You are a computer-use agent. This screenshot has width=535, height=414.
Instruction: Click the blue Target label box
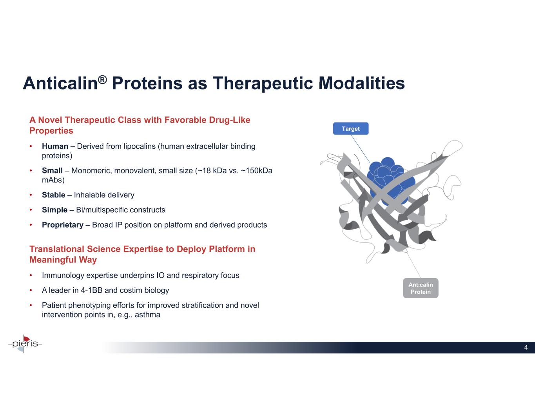tap(351, 129)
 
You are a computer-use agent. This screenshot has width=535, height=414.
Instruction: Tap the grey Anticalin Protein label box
tap(421, 288)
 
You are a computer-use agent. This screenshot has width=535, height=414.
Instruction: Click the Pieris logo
tap(25, 344)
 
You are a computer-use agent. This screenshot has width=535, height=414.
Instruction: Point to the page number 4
tap(526, 347)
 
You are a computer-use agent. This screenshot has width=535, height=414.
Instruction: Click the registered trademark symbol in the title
tap(102, 79)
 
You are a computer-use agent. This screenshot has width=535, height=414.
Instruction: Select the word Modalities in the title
tap(362, 83)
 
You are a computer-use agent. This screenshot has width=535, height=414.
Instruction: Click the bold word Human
tap(55, 146)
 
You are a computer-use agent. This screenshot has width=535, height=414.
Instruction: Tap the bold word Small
tap(52, 171)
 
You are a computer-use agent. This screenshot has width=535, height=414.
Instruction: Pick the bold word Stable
tap(53, 195)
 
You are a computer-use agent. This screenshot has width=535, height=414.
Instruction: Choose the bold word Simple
tap(54, 210)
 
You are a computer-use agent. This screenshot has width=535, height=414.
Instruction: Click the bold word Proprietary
tap(63, 225)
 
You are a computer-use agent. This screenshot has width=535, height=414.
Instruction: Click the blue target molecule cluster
tap(390, 181)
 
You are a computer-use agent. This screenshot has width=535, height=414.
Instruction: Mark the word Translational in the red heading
tap(57, 249)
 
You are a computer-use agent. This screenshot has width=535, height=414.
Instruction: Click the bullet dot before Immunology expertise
tap(31, 275)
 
